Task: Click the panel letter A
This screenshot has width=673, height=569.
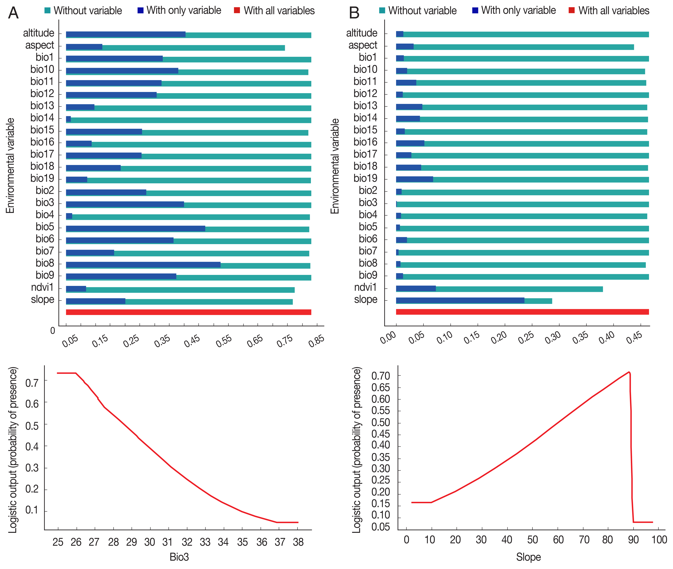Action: click(13, 13)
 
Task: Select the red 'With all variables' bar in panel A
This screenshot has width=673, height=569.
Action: click(188, 312)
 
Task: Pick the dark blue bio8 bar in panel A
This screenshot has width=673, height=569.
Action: click(143, 265)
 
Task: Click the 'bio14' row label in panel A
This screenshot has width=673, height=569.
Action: click(42, 118)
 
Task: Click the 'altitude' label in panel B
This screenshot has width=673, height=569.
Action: click(362, 33)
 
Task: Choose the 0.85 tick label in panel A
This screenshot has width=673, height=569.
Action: click(316, 341)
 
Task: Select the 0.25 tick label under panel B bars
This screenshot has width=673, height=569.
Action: click(526, 337)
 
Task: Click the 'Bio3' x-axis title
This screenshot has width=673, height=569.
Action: click(179, 557)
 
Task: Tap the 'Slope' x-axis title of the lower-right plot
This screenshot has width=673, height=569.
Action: click(528, 557)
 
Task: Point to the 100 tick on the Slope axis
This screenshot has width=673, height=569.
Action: click(659, 540)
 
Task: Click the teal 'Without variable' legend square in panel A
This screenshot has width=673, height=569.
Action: click(47, 10)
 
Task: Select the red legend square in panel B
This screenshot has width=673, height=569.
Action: click(572, 10)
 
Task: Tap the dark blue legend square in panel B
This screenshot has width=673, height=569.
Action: click(475, 10)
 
